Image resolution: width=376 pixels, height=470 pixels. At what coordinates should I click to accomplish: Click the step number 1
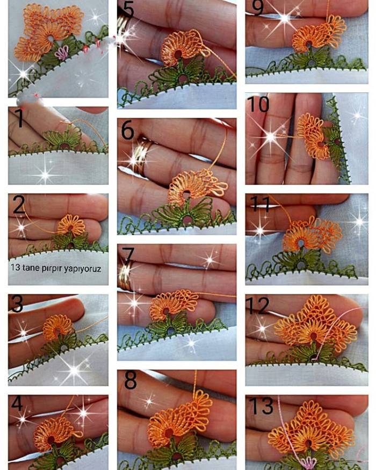tap(19, 118)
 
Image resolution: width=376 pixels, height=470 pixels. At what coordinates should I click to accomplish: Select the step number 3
tap(17, 303)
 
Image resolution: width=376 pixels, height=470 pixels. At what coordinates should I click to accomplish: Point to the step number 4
tap(17, 403)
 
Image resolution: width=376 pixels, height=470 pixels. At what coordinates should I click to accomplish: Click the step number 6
tap(127, 130)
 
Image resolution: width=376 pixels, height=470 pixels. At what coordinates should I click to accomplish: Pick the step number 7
tap(128, 255)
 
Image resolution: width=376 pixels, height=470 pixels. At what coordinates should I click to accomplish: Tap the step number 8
tap(131, 380)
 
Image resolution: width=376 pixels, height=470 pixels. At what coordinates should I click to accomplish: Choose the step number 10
tap(258, 104)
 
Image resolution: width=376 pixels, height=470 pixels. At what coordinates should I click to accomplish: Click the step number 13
tap(261, 406)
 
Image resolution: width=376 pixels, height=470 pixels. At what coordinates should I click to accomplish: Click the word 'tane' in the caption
tap(31, 267)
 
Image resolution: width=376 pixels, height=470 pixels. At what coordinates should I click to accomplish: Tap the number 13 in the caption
tap(15, 267)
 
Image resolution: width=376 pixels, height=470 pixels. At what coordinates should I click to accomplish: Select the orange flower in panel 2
tap(71, 226)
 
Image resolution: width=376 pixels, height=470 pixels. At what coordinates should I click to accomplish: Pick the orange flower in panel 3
tap(58, 327)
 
